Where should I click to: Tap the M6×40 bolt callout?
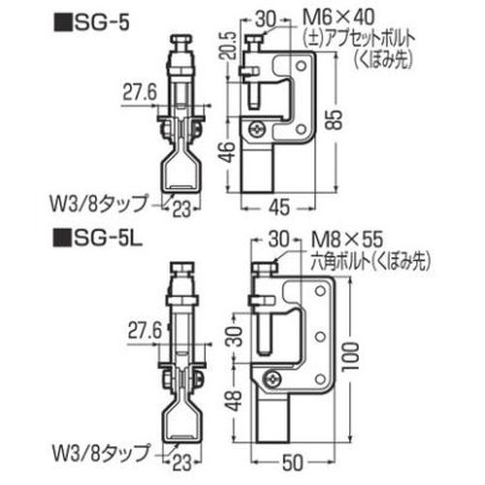(339, 17)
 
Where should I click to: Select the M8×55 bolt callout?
(347, 240)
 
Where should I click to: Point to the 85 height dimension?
(336, 120)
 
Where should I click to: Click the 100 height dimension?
(352, 357)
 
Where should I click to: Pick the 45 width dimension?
(279, 208)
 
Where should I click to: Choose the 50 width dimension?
(293, 462)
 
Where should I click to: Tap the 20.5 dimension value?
(231, 46)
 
